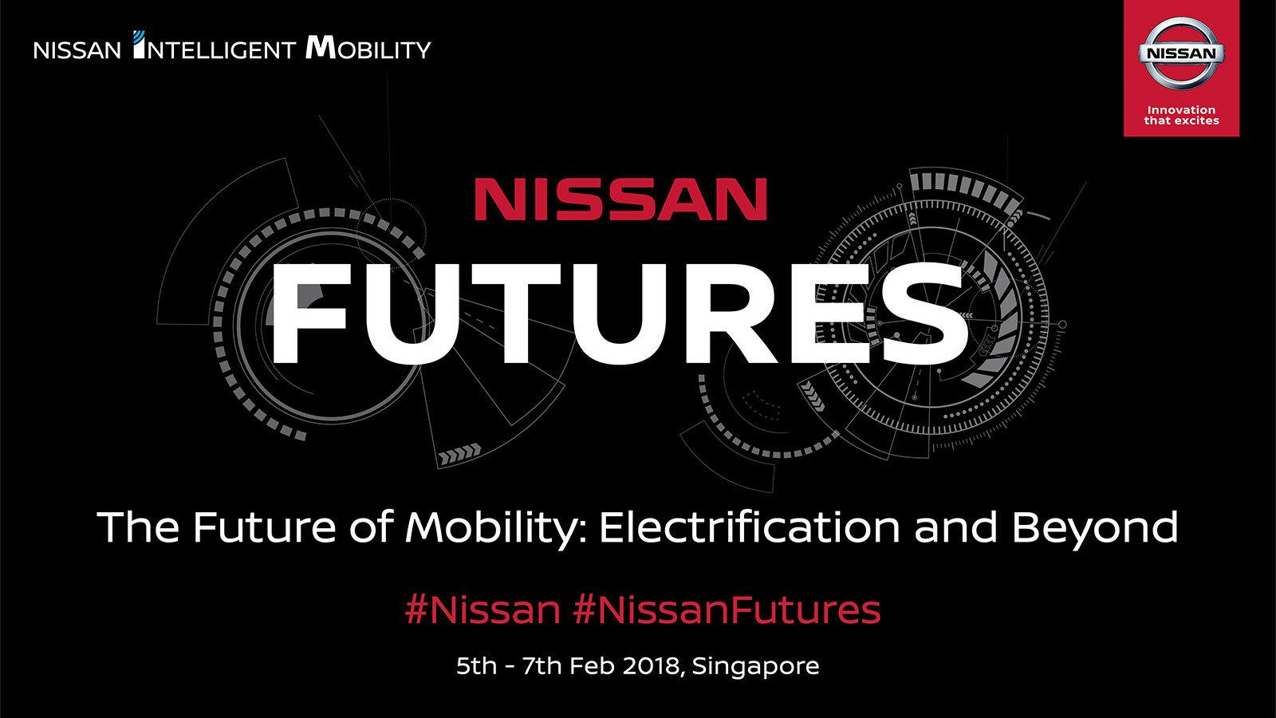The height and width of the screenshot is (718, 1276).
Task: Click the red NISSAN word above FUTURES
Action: click(x=620, y=199)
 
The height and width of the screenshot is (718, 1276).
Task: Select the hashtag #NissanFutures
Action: click(x=727, y=610)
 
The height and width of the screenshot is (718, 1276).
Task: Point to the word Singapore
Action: click(x=755, y=666)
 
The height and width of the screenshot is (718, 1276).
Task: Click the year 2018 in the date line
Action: click(x=650, y=666)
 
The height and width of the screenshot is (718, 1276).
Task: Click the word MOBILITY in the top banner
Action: click(x=368, y=50)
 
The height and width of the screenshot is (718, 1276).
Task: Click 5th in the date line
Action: click(x=476, y=666)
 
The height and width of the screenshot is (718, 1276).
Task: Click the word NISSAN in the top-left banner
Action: click(x=77, y=51)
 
